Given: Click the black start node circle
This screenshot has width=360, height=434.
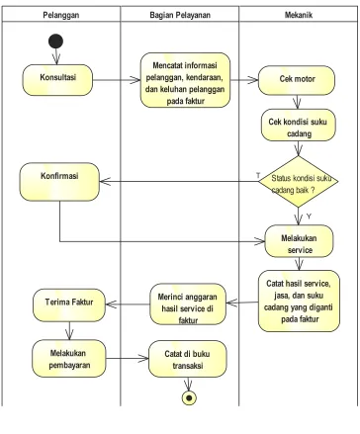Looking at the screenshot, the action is [x=55, y=42].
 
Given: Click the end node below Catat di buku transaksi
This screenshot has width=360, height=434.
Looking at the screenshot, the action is [x=189, y=397].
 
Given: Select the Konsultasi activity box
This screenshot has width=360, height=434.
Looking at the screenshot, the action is [x=57, y=80].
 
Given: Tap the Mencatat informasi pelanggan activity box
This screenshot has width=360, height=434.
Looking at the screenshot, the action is [x=185, y=80].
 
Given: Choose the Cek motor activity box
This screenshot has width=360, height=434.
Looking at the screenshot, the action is [x=297, y=80].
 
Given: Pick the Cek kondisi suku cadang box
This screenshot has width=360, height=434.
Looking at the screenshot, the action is [x=299, y=126].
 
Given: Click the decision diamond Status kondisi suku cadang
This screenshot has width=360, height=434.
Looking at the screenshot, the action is [x=299, y=182].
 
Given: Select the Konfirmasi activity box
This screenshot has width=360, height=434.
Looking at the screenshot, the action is [x=59, y=182].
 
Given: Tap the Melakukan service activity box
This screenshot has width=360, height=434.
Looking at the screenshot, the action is [x=299, y=241].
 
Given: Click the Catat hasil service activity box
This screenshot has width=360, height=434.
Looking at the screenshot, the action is [x=299, y=301].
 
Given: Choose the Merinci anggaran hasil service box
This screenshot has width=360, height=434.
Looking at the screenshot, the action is [x=188, y=304].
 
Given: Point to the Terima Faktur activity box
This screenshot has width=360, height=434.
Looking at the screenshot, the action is [x=69, y=305].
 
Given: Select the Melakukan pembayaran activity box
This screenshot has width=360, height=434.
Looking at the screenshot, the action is [x=69, y=359].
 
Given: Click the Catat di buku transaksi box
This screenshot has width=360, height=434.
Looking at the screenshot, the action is [x=188, y=359].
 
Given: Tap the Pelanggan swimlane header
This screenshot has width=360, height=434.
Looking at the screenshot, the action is [x=61, y=15].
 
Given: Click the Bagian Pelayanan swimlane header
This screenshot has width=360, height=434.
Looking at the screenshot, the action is [x=180, y=15].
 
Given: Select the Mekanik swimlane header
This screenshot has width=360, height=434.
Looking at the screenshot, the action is [x=299, y=15].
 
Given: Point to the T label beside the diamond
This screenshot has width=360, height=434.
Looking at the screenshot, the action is [x=258, y=175].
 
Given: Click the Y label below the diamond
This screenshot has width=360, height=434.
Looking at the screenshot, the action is [x=309, y=217].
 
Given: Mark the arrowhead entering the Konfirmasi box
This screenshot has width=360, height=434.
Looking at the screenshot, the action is [x=105, y=181].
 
